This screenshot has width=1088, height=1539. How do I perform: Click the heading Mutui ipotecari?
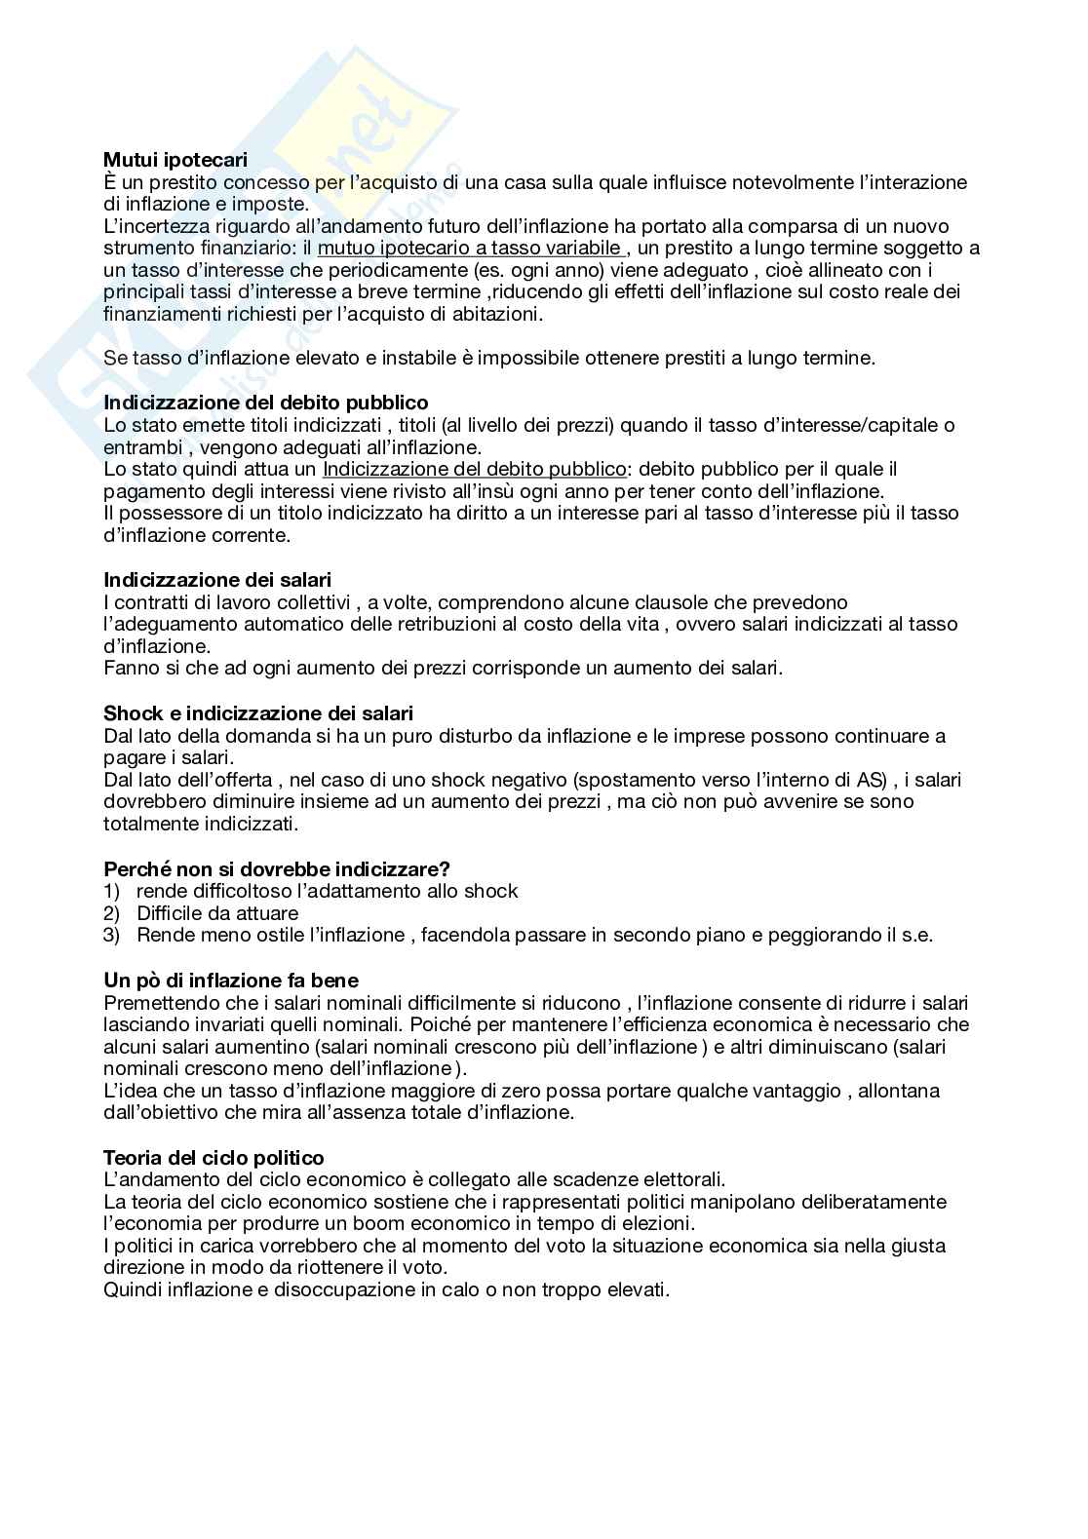coord(175,160)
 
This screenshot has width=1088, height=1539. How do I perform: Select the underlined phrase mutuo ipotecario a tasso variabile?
coord(469,249)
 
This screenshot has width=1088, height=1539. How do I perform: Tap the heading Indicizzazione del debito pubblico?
coord(266,403)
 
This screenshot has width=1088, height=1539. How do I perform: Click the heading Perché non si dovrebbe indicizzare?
coord(277,868)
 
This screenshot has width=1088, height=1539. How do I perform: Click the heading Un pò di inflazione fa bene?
coord(231,981)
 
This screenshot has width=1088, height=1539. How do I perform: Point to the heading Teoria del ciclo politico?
coord(214,1158)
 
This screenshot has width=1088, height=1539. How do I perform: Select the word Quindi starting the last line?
coord(132,1289)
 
